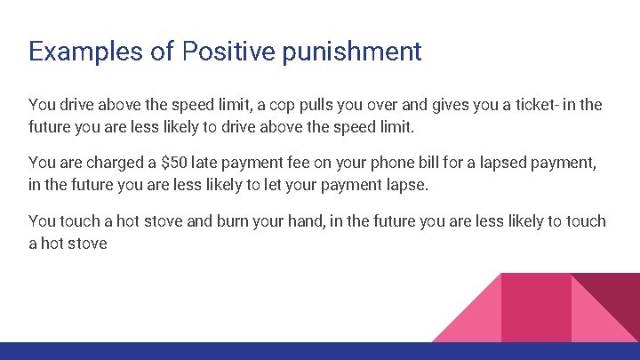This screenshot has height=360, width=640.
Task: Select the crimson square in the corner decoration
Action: pos(536,307)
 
